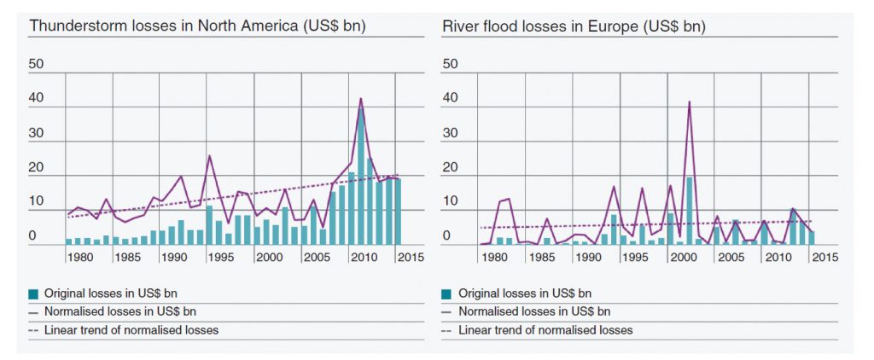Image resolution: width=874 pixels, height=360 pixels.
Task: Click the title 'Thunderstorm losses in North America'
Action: coord(197,26)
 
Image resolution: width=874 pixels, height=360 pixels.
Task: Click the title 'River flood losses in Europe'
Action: coord(574,26)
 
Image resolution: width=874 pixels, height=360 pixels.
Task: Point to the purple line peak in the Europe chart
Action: coord(689,102)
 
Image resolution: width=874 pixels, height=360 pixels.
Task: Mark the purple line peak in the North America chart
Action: coord(361,99)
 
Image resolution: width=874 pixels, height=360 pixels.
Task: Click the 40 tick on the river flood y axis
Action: coord(450,99)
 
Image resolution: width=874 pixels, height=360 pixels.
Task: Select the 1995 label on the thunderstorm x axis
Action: coord(220,257)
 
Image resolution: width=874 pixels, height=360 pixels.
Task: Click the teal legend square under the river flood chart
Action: coord(446,293)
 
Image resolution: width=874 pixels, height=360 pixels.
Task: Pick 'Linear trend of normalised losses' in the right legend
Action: coord(545,330)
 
